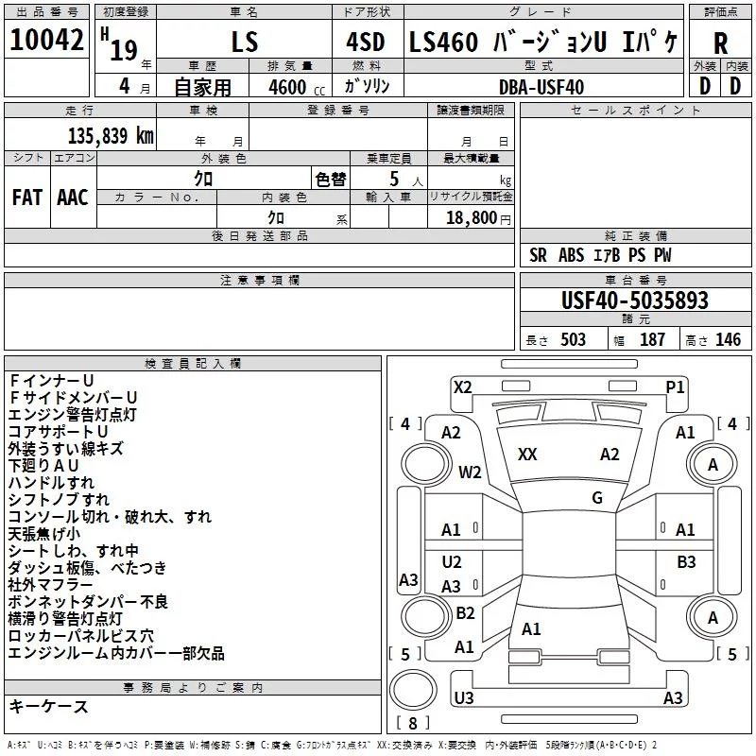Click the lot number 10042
coord(46,42)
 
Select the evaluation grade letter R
coord(720,44)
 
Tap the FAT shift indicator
coord(26,198)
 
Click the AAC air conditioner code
coord(73,198)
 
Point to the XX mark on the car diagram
coord(527,455)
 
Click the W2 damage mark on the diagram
coord(470,472)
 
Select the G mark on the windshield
coord(597,498)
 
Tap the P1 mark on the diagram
coord(675,387)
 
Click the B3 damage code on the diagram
coord(686,562)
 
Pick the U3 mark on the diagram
coord(463,698)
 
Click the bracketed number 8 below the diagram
coord(412,724)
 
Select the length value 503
coord(572,339)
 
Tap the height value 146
coord(728,339)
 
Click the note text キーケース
coord(49,707)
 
